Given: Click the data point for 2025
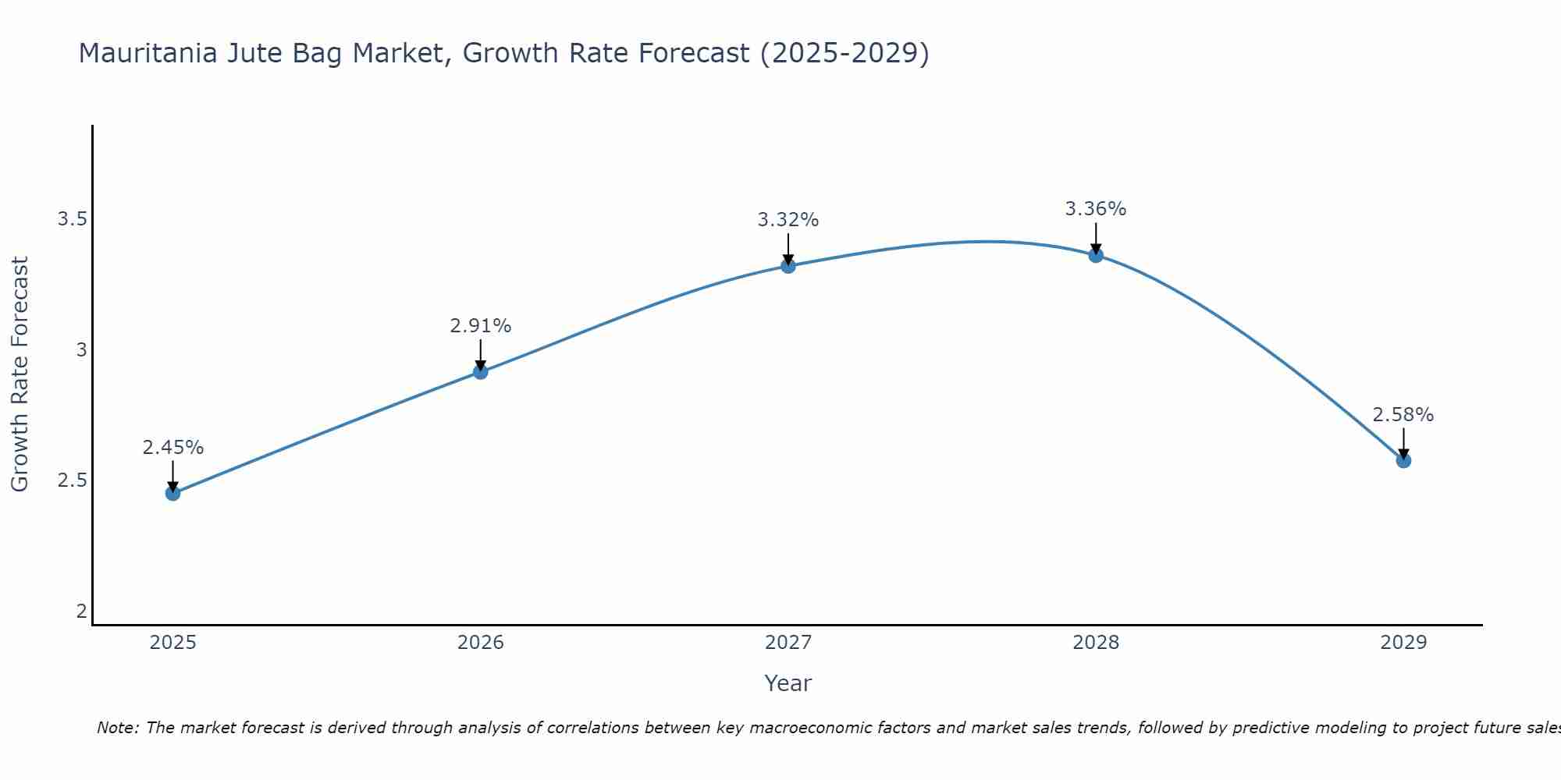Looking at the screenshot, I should coord(172,493).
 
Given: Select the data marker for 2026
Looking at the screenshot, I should coord(481,372).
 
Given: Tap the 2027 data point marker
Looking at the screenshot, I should coord(788,266).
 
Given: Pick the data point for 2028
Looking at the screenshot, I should coord(1096,255).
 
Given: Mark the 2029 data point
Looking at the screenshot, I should coord(1403,461).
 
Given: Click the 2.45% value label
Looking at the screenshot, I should coord(172,448).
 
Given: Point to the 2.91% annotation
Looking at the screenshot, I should coord(481,326).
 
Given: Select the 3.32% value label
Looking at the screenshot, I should coord(788,220).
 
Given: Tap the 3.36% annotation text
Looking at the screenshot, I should coord(1096,209).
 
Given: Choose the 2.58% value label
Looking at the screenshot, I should coord(1403,415).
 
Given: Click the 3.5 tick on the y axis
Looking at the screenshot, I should coord(72,219).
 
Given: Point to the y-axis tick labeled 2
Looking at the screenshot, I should coord(81,611).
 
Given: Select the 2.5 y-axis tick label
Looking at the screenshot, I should coord(72,480).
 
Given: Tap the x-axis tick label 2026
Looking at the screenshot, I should coord(481,643).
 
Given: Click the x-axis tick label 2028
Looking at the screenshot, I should coord(1096,643).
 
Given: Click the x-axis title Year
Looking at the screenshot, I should coord(788,683).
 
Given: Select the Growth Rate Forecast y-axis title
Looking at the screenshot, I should coord(20,374).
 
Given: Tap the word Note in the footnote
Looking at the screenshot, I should coord(117,728).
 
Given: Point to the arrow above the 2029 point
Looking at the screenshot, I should coord(1403,443).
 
